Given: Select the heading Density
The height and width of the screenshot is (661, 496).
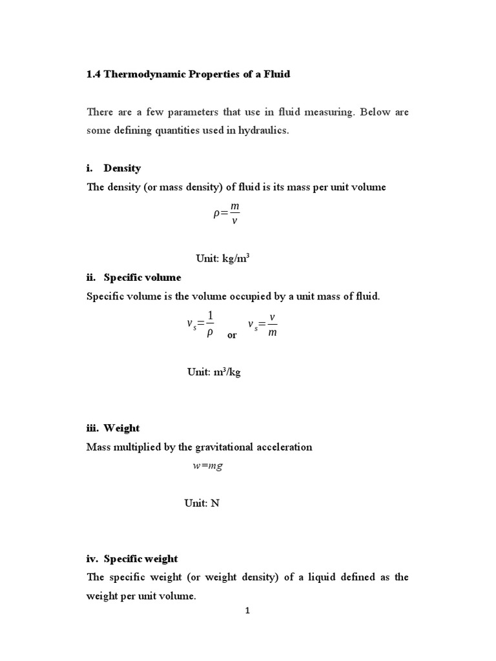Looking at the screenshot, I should coord(122,168).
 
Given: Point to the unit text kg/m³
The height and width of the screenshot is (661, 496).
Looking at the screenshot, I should coord(236,258).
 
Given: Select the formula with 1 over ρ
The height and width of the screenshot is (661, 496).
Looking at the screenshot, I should coord(200,323).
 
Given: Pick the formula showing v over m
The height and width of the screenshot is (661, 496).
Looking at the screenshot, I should coord(263,323).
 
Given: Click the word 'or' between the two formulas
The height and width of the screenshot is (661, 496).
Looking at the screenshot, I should coord(232,336).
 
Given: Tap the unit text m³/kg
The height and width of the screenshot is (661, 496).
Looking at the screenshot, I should coord(226,372).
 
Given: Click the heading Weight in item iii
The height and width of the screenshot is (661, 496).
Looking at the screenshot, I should coord(121,428).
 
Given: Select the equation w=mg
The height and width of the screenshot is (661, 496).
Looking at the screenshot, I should coord(207,466).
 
